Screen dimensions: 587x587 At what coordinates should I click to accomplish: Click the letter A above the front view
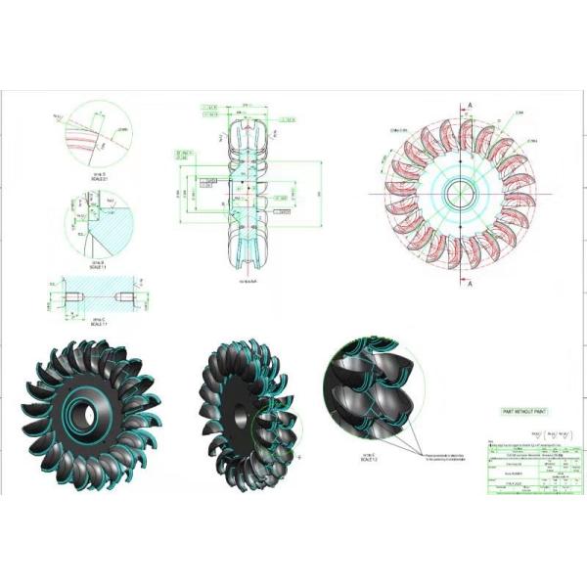471,104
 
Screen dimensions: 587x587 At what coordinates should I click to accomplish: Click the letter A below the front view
471,285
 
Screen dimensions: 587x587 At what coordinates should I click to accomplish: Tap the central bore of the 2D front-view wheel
458,192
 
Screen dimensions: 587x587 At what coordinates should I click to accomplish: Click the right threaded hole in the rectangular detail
118,295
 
